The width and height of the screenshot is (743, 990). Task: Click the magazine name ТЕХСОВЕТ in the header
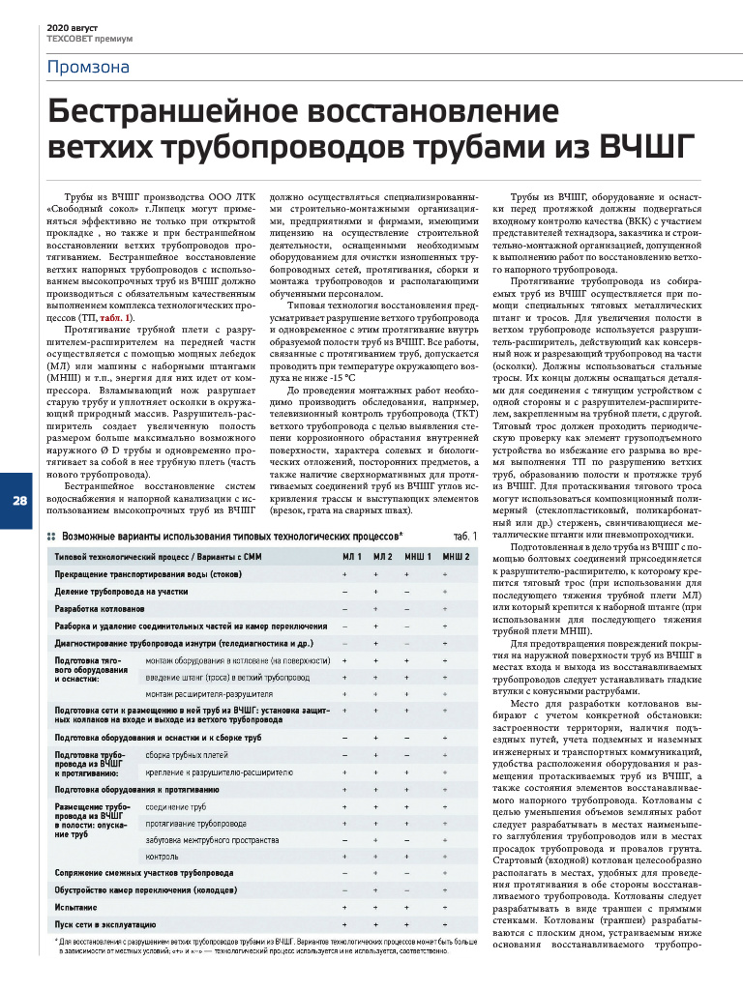click(x=73, y=40)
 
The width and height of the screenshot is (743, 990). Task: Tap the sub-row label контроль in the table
click(x=162, y=856)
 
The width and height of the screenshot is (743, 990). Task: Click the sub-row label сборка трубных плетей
click(x=187, y=755)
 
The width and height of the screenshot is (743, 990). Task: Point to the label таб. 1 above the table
click(x=465, y=535)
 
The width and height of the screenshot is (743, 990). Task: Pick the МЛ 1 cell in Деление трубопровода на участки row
click(x=345, y=590)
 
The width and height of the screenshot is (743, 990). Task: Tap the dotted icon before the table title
click(x=52, y=535)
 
